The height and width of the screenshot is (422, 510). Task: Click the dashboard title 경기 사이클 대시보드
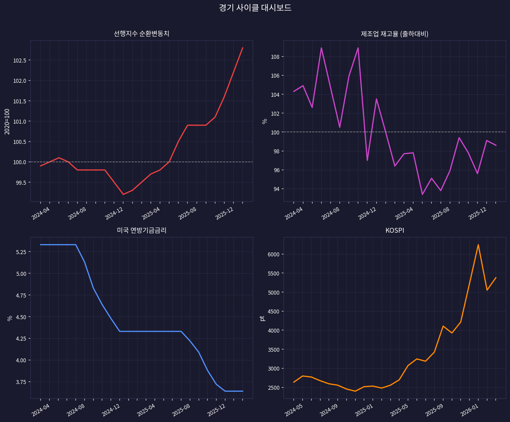tap(255, 8)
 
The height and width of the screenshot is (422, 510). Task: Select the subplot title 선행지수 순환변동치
tap(141, 34)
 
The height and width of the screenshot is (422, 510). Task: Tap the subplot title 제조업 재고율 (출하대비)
tap(395, 34)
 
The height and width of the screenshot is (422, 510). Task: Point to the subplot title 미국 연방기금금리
tap(141, 230)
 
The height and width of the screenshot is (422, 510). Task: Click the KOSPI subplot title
tap(395, 230)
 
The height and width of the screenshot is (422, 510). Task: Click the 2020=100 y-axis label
tap(7, 121)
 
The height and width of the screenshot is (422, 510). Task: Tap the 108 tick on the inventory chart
tap(275, 57)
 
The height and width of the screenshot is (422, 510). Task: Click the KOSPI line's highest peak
tap(478, 245)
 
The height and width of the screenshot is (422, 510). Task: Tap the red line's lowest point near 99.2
tap(123, 194)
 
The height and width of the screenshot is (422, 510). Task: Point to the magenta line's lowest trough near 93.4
tap(422, 194)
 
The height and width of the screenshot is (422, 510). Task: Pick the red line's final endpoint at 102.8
tap(243, 48)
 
